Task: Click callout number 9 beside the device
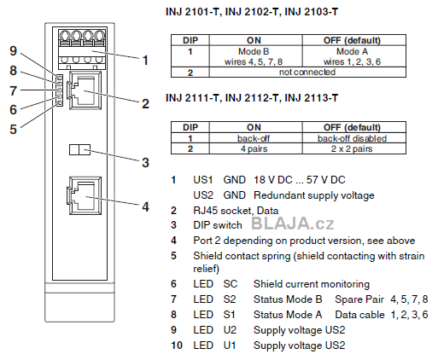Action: click(14, 50)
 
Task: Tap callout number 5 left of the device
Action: click(14, 129)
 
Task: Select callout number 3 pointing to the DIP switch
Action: click(145, 163)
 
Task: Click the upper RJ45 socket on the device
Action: click(85, 90)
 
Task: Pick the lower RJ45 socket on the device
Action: click(85, 195)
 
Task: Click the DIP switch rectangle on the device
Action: click(79, 149)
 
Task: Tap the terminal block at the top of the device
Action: click(83, 49)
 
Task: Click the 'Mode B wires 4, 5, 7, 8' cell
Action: click(254, 56)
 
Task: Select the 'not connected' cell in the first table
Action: click(307, 72)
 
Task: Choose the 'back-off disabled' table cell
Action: click(352, 138)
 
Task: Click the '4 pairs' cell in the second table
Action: click(254, 148)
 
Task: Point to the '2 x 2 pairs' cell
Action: click(352, 148)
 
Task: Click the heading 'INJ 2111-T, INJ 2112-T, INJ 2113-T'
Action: click(252, 98)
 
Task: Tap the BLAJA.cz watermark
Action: click(293, 224)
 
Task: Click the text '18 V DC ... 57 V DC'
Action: click(300, 180)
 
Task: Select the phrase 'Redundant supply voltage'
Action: click(314, 195)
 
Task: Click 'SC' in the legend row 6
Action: click(231, 284)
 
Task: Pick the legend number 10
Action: click(177, 345)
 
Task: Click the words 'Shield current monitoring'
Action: click(312, 284)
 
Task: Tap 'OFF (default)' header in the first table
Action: click(352, 40)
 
